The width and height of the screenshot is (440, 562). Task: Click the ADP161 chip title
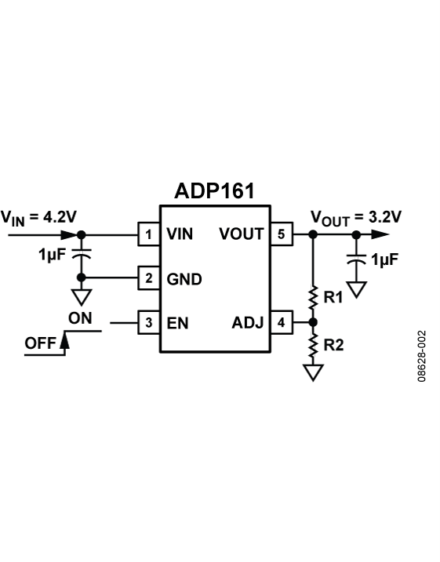(214, 192)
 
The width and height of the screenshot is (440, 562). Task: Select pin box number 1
(148, 234)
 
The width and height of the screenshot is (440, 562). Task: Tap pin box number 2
(148, 277)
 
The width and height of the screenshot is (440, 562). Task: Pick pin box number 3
(148, 322)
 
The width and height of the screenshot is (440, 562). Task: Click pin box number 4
(281, 322)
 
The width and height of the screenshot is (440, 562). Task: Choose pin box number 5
(281, 234)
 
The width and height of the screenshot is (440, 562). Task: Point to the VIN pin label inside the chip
(180, 234)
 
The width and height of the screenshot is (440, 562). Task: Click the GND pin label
(184, 277)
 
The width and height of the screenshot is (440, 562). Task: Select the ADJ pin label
(248, 322)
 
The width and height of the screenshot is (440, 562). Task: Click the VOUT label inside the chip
(242, 234)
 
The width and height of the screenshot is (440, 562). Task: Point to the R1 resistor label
(334, 298)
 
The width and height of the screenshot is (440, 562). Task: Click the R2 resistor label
(334, 345)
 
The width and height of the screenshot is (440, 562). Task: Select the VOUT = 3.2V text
(355, 216)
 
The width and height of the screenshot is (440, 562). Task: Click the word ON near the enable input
(80, 317)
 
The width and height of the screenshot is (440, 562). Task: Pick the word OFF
(40, 343)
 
